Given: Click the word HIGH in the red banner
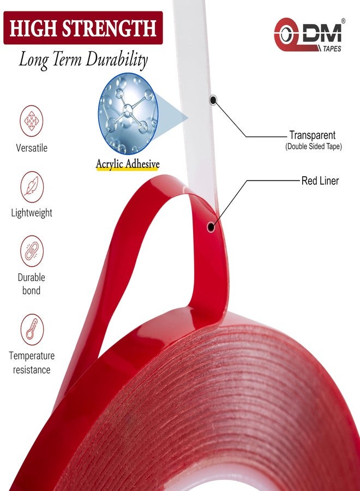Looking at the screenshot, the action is coord(34,28).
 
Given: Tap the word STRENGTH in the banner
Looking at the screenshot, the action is coord(110,28).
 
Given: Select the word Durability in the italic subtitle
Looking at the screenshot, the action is coord(116,59).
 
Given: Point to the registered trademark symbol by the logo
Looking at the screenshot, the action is coord(343,21).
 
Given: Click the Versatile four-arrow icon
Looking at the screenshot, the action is coord(31,121).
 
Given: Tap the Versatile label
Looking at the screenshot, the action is coord(32,148).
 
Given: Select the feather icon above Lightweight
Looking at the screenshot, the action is coord(32,187).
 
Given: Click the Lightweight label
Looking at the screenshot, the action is coord(32,213).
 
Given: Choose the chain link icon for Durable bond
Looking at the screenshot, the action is coord(32,251).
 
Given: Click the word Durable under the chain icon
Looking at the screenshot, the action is coord(31,278).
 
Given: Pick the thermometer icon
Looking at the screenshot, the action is coord(32,330).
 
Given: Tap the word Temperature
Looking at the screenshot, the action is coord(32,356).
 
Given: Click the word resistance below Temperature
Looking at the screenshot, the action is coord(32,370).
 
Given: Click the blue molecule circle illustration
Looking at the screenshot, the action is coord(128,113).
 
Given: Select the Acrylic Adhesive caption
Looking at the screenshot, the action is coord(128,164).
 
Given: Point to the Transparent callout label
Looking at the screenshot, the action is coord(312,135).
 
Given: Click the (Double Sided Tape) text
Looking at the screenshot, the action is coord(313,146).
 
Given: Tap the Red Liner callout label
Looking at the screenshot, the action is coord(320,181).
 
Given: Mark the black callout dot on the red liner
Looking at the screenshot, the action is coord(211,226).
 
